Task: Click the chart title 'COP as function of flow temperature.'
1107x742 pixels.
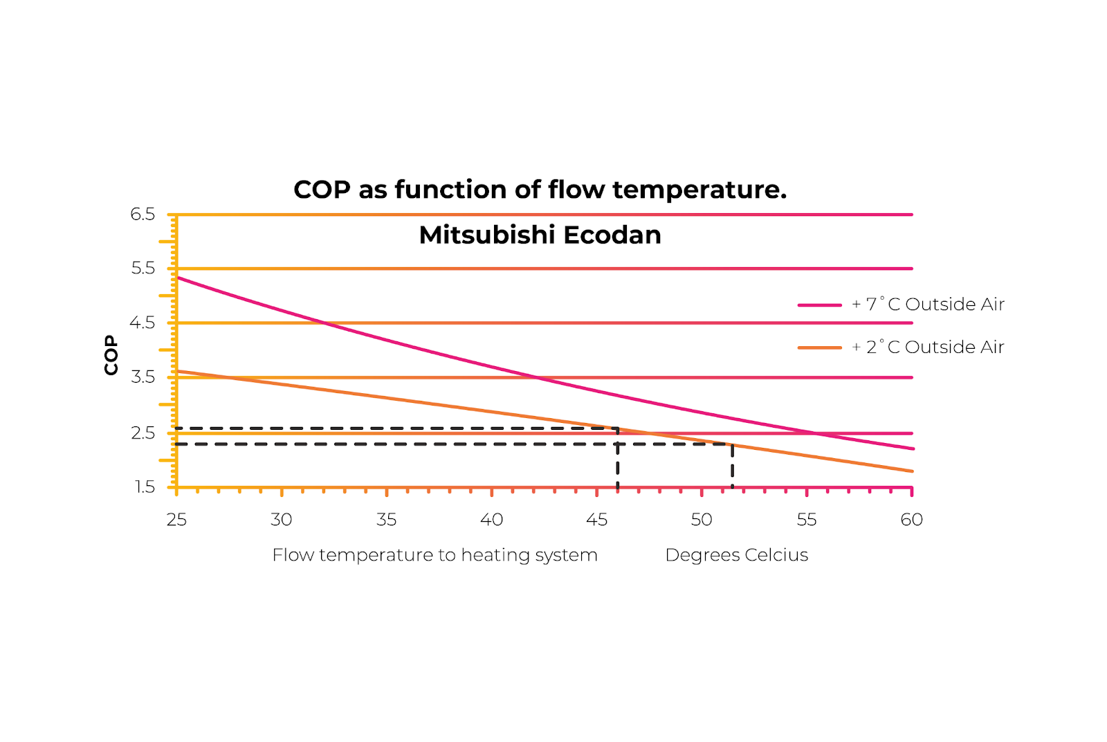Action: [540, 190]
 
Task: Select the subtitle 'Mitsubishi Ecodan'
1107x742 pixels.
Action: [540, 235]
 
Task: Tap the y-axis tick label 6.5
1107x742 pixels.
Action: [143, 215]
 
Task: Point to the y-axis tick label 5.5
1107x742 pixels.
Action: [143, 269]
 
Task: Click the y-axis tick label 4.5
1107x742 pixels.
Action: [143, 323]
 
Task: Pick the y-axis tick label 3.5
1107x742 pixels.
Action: [143, 377]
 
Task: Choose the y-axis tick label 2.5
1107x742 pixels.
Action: [143, 433]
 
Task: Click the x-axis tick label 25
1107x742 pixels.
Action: [176, 520]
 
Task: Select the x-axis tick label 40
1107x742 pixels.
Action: [492, 520]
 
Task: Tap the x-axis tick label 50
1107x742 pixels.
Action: [702, 520]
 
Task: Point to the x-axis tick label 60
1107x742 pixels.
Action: [911, 520]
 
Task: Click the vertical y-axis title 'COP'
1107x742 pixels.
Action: [111, 355]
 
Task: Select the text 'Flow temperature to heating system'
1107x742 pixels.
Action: [434, 555]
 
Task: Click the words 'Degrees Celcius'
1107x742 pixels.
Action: [736, 555]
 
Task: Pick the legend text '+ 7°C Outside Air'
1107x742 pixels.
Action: [928, 305]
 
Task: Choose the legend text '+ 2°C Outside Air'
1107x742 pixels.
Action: [928, 347]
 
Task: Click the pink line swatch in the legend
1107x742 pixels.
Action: [819, 305]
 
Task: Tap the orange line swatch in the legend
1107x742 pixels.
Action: [819, 347]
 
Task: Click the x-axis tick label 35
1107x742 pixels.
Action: [387, 520]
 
